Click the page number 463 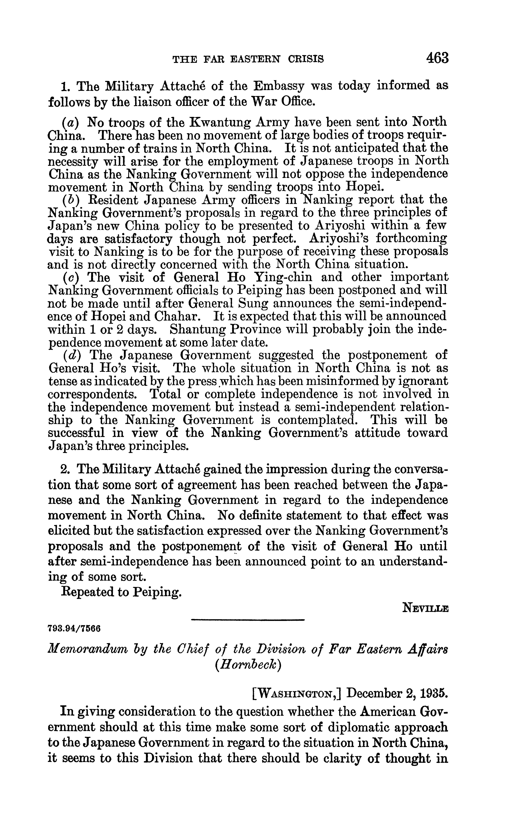(437, 58)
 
